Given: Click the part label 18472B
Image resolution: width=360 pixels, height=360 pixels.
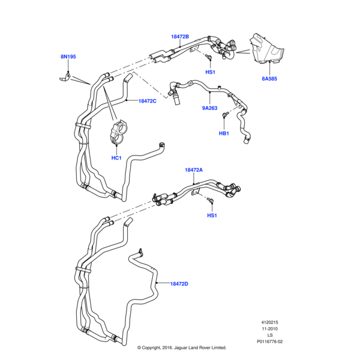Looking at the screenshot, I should pyautogui.click(x=180, y=37).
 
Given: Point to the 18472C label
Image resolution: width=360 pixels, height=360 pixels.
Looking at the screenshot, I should pyautogui.click(x=147, y=101).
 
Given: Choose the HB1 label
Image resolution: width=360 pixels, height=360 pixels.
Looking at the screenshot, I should pyautogui.click(x=223, y=133).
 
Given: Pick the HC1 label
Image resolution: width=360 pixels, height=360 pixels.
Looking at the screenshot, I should pyautogui.click(x=117, y=158).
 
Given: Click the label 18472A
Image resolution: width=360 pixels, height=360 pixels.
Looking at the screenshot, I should pyautogui.click(x=194, y=170).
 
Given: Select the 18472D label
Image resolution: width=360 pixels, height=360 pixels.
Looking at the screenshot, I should pyautogui.click(x=179, y=283).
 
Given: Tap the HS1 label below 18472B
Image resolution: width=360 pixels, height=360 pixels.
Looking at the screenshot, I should pyautogui.click(x=210, y=73).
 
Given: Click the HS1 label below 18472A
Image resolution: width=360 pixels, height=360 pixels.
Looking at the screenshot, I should pyautogui.click(x=212, y=215).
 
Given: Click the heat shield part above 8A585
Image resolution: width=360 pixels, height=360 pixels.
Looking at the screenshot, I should pyautogui.click(x=266, y=49).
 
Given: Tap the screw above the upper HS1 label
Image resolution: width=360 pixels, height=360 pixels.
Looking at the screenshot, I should pyautogui.click(x=206, y=58).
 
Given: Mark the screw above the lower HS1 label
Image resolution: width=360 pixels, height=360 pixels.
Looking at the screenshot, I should pyautogui.click(x=211, y=200).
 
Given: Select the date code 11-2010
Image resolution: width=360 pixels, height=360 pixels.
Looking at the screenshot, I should pyautogui.click(x=269, y=328).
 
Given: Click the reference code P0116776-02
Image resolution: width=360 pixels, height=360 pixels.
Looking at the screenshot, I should pyautogui.click(x=269, y=341).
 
